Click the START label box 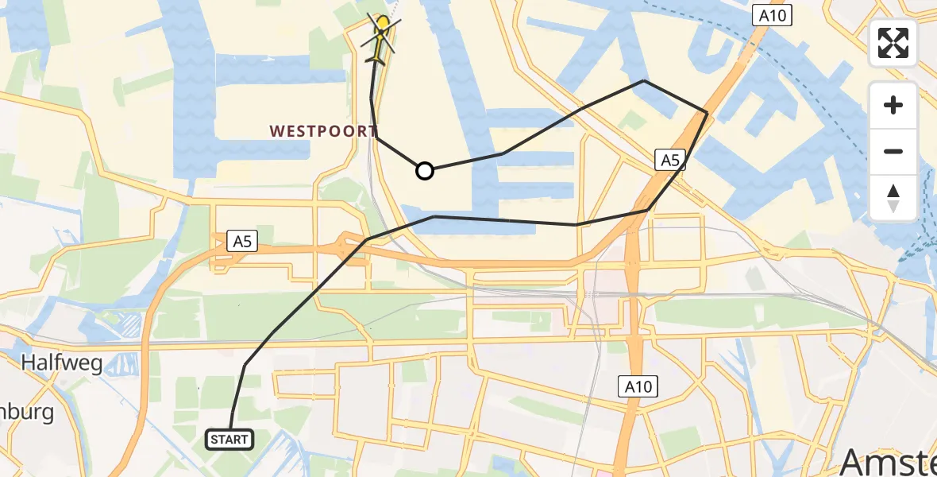[229, 439]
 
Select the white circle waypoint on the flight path [425, 171]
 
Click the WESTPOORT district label [323, 131]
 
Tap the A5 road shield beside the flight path [670, 161]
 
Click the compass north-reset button [893, 197]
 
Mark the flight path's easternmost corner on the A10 [707, 112]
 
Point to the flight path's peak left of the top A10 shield [644, 80]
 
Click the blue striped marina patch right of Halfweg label [127, 327]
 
